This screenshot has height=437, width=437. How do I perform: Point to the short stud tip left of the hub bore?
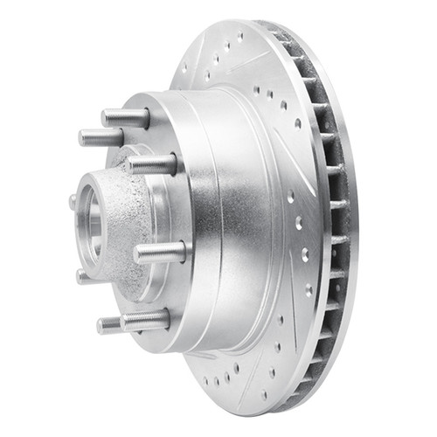[73, 201]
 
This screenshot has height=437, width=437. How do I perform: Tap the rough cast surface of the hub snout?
[127, 218]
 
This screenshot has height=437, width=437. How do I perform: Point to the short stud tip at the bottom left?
[108, 326]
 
